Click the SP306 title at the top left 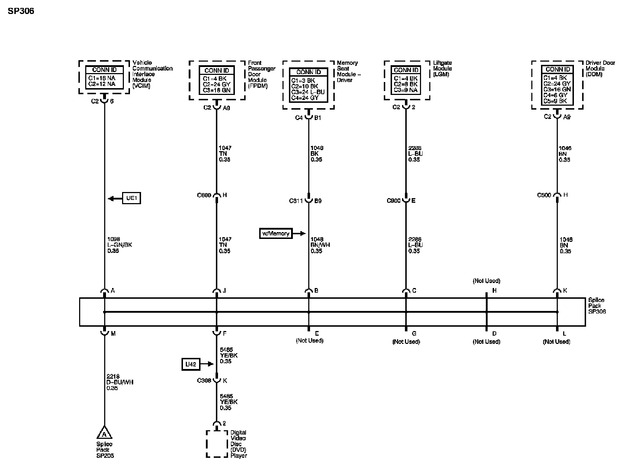pyautogui.click(x=21, y=11)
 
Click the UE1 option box pyautogui.click(x=131, y=198)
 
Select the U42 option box pyautogui.click(x=190, y=364)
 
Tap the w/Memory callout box pyautogui.click(x=276, y=234)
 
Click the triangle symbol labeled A pyautogui.click(x=104, y=433)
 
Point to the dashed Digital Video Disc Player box pyautogui.click(x=217, y=444)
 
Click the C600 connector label pyautogui.click(x=204, y=195)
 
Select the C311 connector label pyautogui.click(x=296, y=201)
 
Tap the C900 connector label pyautogui.click(x=393, y=201)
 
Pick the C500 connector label pyautogui.click(x=544, y=195)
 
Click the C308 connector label pyautogui.click(x=204, y=381)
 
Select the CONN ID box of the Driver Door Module pyautogui.click(x=557, y=85)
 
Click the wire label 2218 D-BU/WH pyautogui.click(x=120, y=382)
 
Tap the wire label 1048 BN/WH pyautogui.click(x=320, y=245)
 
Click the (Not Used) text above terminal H pyautogui.click(x=486, y=281)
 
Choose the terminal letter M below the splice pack pyautogui.click(x=113, y=334)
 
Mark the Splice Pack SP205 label pyautogui.click(x=105, y=450)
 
